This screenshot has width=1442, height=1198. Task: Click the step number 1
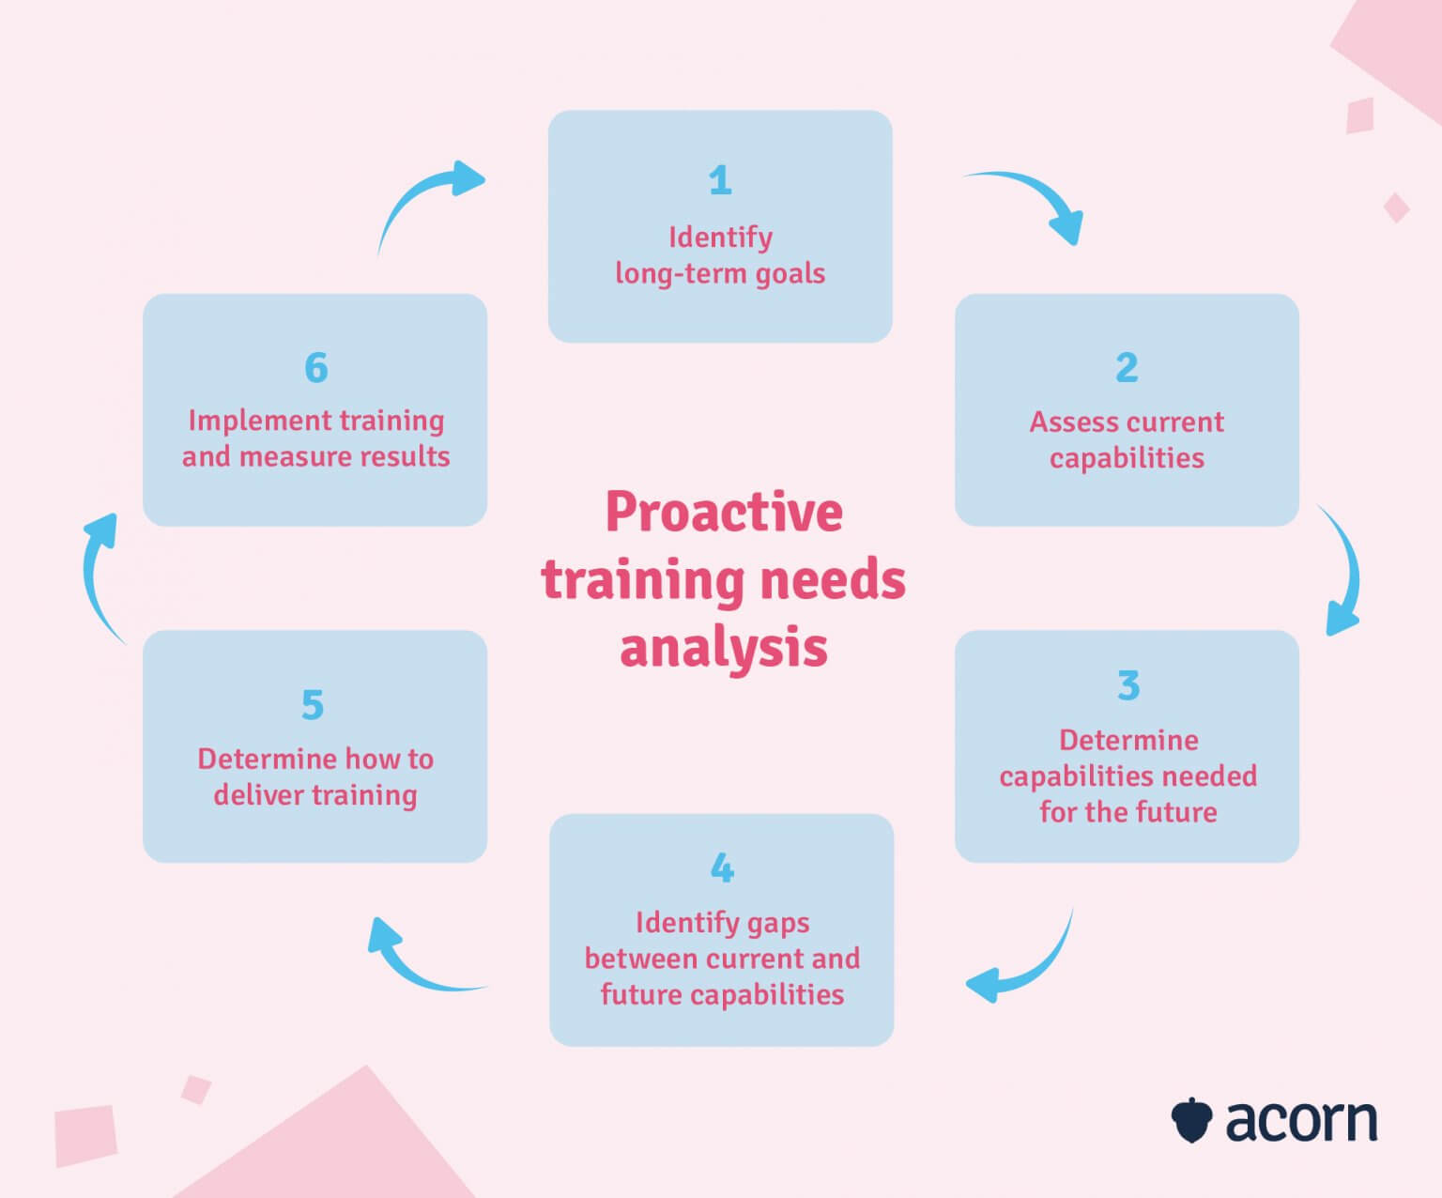coord(720,180)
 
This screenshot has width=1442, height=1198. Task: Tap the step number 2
coord(1127,367)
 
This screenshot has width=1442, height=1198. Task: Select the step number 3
coord(1128,685)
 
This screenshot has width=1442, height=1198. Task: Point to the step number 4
coord(722,868)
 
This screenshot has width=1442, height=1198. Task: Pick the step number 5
coord(313,705)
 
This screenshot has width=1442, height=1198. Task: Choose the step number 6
coord(316,368)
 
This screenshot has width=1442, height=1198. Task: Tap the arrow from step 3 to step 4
coord(1028,967)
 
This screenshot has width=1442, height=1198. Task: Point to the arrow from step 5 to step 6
coord(98,573)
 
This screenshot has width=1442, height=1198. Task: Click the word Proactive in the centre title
coord(724,513)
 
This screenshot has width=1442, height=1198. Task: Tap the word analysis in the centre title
coord(724,648)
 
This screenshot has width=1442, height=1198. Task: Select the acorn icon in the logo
coord(1192,1120)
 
